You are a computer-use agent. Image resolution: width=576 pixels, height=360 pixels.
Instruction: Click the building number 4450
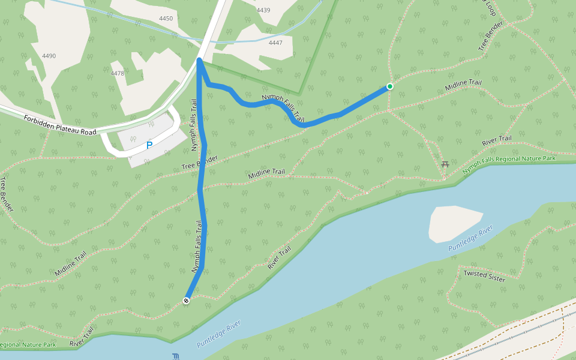[166, 19]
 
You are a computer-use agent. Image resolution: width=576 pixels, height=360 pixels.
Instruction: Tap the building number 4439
[263, 10]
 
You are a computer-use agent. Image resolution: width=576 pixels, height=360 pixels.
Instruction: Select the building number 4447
[275, 43]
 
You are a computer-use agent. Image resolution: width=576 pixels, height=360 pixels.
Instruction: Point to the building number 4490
[49, 56]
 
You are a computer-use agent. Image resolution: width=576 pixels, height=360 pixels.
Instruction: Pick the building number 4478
[118, 73]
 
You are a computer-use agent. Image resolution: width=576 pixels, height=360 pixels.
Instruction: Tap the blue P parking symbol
[149, 145]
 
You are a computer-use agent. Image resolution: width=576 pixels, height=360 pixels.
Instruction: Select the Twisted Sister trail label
[484, 276]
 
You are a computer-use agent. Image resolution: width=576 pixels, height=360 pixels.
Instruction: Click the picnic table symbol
[445, 164]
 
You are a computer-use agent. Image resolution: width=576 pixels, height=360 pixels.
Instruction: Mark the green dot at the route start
[390, 86]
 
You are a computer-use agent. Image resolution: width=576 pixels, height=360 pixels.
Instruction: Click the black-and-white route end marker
[186, 301]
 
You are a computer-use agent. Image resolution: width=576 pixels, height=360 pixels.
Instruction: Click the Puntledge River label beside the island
[470, 238]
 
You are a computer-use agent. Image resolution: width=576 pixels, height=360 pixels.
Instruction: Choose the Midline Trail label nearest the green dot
[463, 86]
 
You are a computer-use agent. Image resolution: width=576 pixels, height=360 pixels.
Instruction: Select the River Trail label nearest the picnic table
[497, 142]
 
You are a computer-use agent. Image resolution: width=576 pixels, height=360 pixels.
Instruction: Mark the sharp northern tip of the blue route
[199, 59]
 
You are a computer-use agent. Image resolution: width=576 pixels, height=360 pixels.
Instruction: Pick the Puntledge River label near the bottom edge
[218, 334]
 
